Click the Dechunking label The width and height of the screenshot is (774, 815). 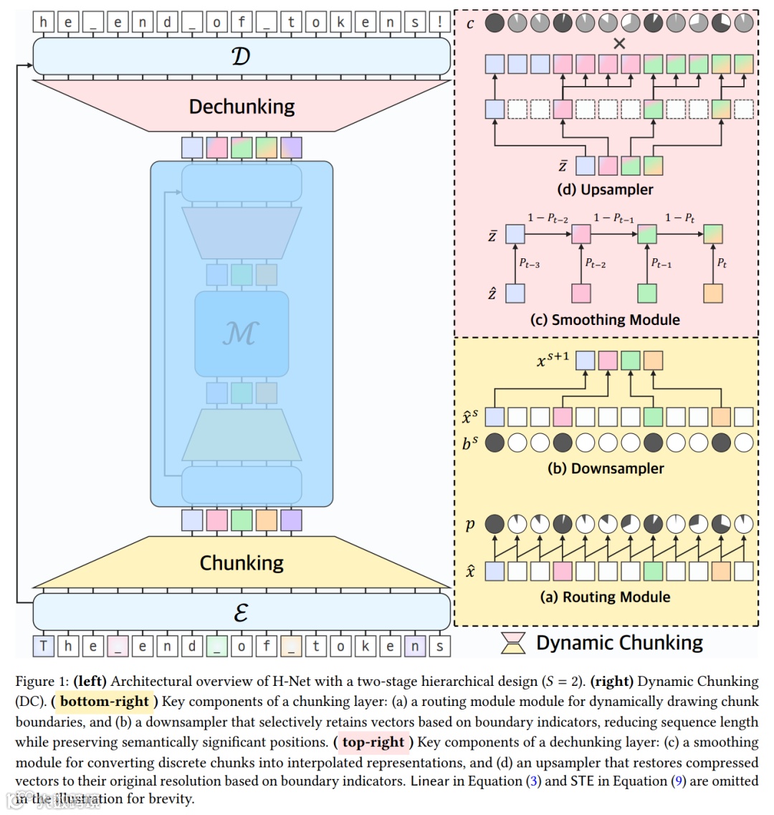coord(242,107)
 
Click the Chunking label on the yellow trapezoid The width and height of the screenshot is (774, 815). coord(242,563)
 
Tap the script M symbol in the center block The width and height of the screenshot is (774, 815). coord(241,334)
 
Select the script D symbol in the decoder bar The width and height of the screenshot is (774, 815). coord(241,56)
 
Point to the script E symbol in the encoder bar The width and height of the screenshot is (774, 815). coord(241,613)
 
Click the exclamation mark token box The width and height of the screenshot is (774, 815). coord(439,22)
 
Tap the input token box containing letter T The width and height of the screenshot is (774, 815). coord(44,646)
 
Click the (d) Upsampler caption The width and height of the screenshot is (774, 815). coord(606,189)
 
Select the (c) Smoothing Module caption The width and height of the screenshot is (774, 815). coord(605,320)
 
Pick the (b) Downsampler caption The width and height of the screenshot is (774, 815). coord(606,468)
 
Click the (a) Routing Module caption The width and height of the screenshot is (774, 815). coord(605,597)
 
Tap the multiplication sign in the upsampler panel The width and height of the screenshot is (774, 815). coord(619,44)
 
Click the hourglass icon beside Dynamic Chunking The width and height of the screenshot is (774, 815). coord(512,644)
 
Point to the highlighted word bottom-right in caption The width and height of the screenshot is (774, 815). coord(105,702)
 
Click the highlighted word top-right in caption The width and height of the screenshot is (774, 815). coord(373,742)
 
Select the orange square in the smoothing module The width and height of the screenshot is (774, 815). coord(712,293)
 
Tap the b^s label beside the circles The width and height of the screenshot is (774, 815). coord(470,443)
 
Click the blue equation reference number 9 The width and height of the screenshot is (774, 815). coord(677,781)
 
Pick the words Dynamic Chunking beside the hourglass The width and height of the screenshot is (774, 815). coord(619,643)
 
